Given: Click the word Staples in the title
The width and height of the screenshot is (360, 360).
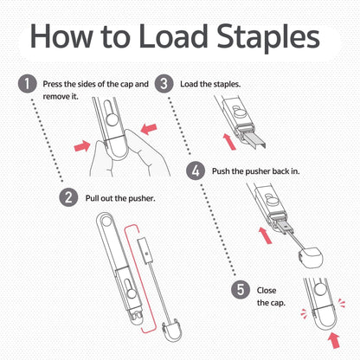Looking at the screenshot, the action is [268, 36].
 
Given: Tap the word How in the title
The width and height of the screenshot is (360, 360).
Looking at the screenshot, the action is [61, 35].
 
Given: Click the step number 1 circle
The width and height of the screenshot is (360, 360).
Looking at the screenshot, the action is [28, 84].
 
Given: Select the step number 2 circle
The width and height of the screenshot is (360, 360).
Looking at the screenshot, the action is [68, 197].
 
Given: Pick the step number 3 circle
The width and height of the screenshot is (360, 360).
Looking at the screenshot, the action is [164, 84].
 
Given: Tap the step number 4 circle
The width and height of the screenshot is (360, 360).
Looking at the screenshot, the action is [196, 171].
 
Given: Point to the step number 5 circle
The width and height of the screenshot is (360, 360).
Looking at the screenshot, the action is [241, 290].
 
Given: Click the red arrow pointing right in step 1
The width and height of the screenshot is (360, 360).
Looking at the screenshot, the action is [82, 146].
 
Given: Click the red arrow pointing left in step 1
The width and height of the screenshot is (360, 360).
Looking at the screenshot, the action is [149, 129].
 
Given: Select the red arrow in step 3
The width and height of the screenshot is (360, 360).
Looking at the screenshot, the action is [229, 141].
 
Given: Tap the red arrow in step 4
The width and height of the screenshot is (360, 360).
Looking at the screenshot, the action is [266, 235].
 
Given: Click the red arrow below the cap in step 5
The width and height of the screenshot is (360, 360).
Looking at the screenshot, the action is [334, 340].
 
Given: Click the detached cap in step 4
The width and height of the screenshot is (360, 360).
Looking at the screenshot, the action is [311, 257].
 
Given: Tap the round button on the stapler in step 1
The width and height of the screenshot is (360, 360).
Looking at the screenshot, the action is [113, 119].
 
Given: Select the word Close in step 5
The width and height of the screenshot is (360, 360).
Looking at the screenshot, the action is [267, 290].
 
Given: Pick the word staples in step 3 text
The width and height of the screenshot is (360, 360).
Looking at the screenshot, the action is [227, 84].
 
